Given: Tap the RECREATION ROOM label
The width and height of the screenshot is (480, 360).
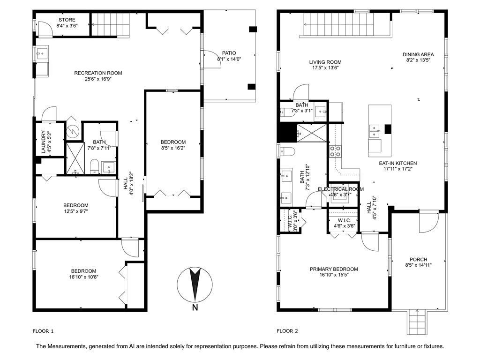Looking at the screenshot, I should tap(98, 73).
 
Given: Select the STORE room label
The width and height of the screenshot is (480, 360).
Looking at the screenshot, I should tap(67, 20).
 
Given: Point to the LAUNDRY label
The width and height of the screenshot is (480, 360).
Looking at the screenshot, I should tap(43, 142).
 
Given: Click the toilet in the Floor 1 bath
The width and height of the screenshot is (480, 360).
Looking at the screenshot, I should tap(94, 166).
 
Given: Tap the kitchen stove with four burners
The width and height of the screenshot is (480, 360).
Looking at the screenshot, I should tap(336, 151).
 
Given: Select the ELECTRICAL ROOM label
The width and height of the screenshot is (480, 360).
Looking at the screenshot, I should tap(340, 189).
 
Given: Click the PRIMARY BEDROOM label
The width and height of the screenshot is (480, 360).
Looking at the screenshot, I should tap(334, 269).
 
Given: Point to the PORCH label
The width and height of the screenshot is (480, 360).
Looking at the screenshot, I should tap(418, 259).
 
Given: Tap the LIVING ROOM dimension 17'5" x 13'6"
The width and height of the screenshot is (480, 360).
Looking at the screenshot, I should tap(325, 68).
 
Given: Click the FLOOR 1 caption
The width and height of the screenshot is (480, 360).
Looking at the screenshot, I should tap(43, 331).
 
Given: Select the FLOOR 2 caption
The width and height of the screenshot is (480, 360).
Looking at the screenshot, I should tap(287, 331).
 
